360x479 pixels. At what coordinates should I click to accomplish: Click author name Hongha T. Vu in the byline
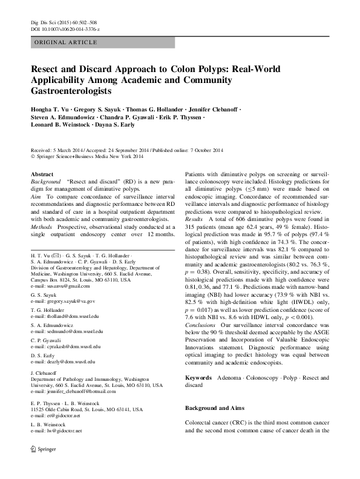[x=50, y=110]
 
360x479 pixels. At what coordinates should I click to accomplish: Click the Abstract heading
[x=42, y=174]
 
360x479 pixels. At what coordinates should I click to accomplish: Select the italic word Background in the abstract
[x=45, y=182]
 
